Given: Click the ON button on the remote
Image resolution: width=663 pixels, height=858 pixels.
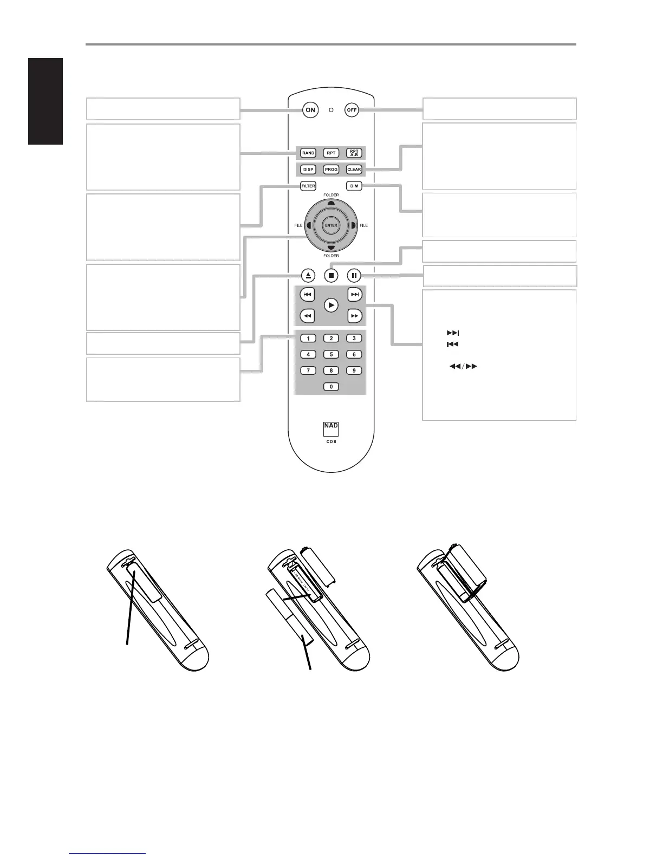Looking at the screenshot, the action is pyautogui.click(x=310, y=110).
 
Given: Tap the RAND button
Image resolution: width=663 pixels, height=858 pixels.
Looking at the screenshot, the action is pyautogui.click(x=308, y=153).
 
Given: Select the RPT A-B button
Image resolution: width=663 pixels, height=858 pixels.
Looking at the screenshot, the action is pyautogui.click(x=354, y=153).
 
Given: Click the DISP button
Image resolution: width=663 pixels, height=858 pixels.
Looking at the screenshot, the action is pyautogui.click(x=308, y=170).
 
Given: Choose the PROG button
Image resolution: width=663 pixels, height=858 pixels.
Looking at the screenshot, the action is pyautogui.click(x=331, y=170).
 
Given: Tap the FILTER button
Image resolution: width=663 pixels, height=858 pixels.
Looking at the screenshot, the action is pyautogui.click(x=308, y=186).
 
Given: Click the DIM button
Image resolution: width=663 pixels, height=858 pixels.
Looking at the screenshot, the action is pyautogui.click(x=354, y=186).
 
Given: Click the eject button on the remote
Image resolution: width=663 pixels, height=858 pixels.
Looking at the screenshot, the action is pyautogui.click(x=308, y=275).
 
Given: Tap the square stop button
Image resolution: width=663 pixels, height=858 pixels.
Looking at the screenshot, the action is pyautogui.click(x=331, y=275).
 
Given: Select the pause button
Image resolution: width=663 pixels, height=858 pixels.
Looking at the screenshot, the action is pyautogui.click(x=354, y=275).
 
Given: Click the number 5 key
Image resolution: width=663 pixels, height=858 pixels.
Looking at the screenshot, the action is pyautogui.click(x=331, y=354).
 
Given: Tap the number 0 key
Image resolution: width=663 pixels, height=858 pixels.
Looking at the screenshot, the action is pyautogui.click(x=331, y=387).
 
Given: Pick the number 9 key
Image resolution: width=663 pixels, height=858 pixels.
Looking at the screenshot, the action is pyautogui.click(x=354, y=370).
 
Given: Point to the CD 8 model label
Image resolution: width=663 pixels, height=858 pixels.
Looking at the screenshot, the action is pyautogui.click(x=331, y=441).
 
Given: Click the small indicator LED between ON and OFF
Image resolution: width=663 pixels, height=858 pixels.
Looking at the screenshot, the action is pyautogui.click(x=331, y=110).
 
